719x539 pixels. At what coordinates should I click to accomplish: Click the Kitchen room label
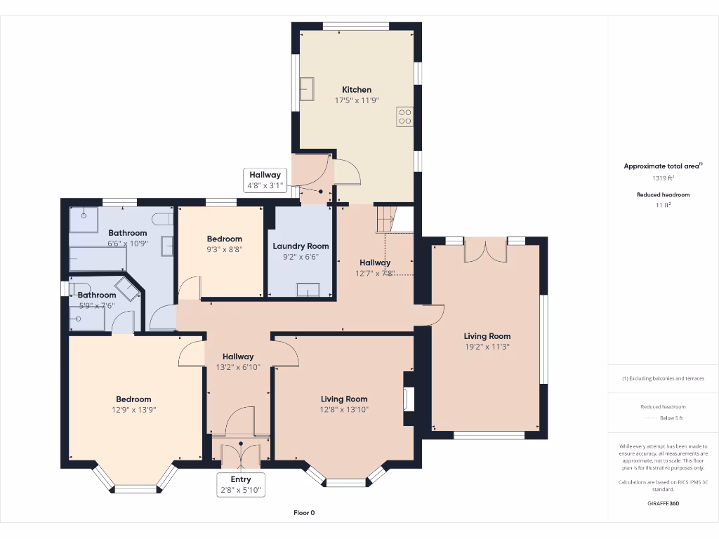[357, 90]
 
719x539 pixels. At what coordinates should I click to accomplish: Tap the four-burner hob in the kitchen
[404, 116]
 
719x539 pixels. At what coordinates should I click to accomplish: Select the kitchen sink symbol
[308, 90]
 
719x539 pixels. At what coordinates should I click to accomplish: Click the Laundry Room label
[301, 246]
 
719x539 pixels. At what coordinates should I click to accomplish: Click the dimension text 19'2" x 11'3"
[487, 346]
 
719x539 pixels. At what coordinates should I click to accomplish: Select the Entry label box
[241, 485]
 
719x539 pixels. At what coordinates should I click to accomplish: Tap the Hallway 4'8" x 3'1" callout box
[264, 180]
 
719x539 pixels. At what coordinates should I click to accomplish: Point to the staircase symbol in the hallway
[385, 218]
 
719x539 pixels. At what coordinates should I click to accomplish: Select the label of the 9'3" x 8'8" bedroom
[224, 239]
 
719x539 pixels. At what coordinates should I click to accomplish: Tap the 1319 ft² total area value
[663, 178]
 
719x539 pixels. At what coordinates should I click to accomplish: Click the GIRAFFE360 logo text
[663, 503]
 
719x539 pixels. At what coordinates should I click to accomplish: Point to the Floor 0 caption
[304, 513]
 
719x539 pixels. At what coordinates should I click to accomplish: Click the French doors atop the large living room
[485, 251]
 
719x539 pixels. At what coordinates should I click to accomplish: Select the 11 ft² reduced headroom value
[663, 205]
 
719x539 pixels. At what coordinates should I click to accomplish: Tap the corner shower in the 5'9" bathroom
[127, 288]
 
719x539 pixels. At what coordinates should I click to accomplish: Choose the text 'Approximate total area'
[661, 166]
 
